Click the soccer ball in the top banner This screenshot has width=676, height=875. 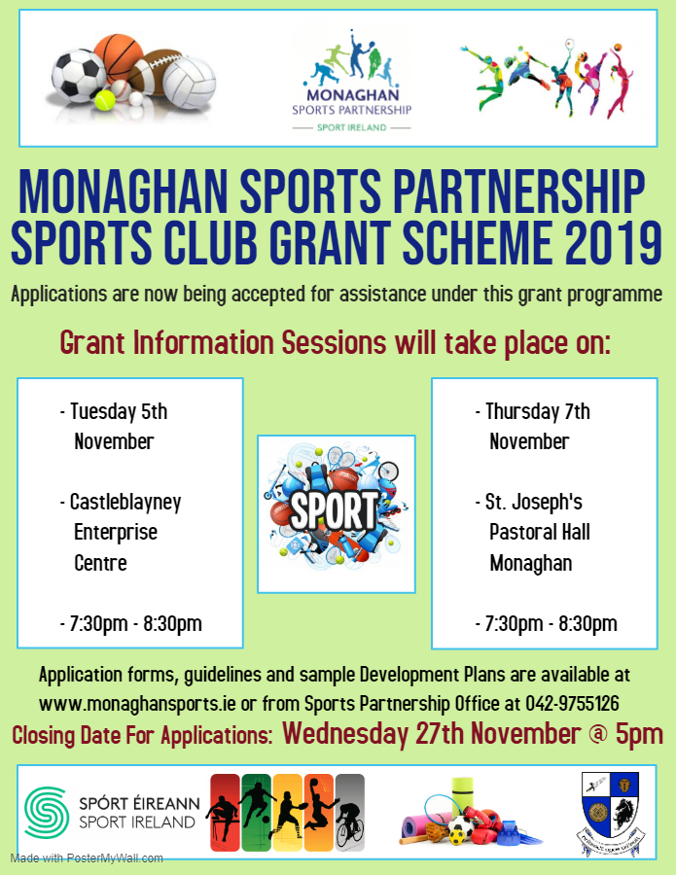pyautogui.click(x=78, y=75)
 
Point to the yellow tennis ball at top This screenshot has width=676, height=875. pyautogui.click(x=105, y=100)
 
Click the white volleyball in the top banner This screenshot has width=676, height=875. pyautogui.click(x=190, y=83)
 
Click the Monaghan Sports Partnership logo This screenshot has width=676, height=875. pyautogui.click(x=352, y=81)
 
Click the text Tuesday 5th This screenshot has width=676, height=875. pyautogui.click(x=119, y=412)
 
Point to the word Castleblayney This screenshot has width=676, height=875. pyautogui.click(x=125, y=503)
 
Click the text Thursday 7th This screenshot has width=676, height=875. pyautogui.click(x=538, y=412)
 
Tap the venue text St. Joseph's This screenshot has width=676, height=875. pyautogui.click(x=534, y=503)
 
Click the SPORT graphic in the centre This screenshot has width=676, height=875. pyautogui.click(x=336, y=510)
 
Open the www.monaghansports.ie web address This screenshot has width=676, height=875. pyautogui.click(x=137, y=704)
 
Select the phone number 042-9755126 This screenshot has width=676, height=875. pyautogui.click(x=572, y=704)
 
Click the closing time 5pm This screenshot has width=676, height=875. pyautogui.click(x=640, y=734)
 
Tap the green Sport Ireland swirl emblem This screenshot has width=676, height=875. pyautogui.click(x=47, y=813)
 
